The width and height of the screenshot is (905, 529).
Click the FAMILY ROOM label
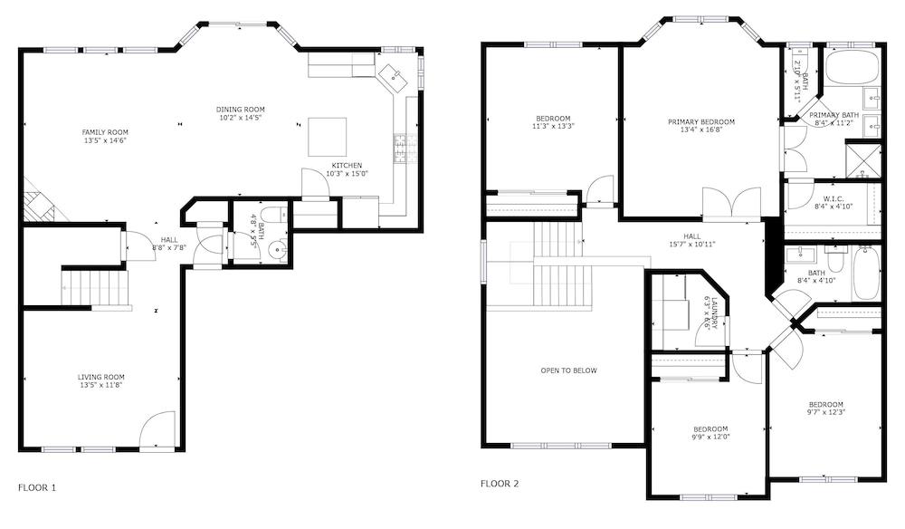(105, 132)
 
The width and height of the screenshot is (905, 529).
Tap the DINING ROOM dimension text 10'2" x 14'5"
(240, 118)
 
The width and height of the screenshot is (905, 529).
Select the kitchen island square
(327, 137)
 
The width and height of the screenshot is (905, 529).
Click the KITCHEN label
(348, 165)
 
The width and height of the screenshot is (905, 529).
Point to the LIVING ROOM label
(100, 377)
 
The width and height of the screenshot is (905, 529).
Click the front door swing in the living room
(157, 428)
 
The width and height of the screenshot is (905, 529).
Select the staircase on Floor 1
(94, 286)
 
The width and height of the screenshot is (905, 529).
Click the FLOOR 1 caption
(37, 487)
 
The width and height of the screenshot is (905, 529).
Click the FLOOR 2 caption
(500, 484)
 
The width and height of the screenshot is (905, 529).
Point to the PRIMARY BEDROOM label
(701, 122)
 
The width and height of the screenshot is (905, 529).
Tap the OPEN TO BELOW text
(568, 370)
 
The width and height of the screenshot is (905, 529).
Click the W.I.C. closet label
(834, 199)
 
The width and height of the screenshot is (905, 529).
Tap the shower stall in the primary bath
(865, 161)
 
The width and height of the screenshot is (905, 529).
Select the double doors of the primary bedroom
(732, 204)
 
